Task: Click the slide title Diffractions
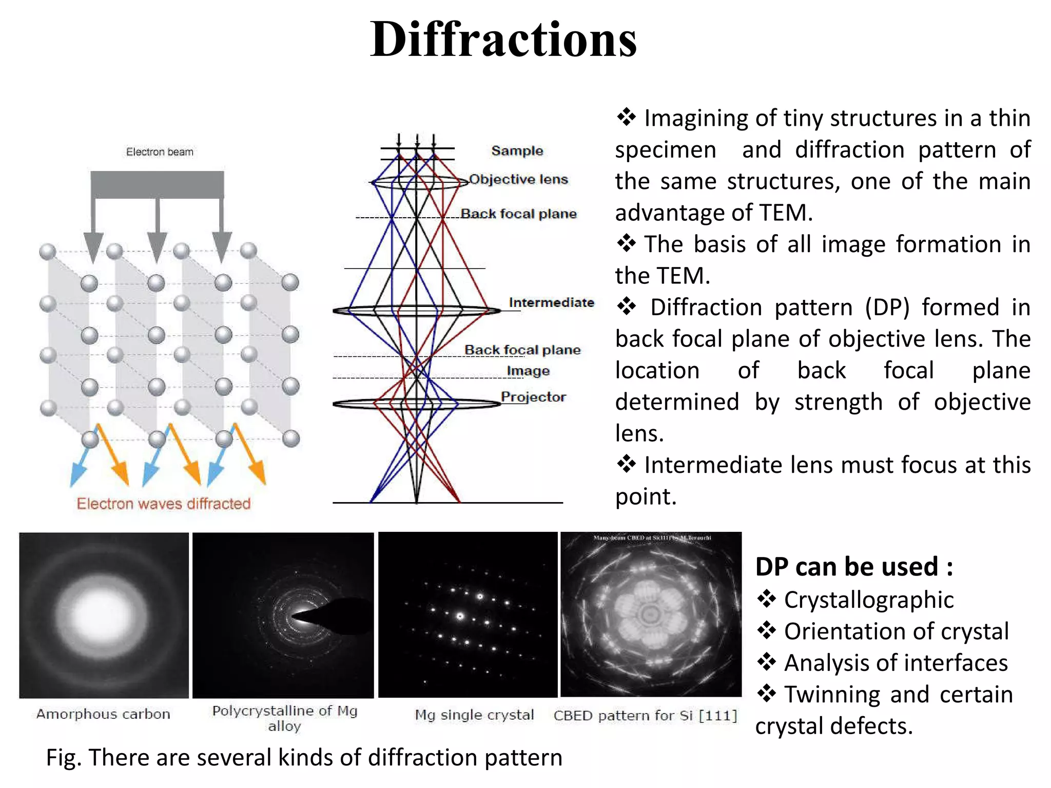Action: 503,40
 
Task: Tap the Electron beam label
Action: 160,152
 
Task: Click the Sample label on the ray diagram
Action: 517,151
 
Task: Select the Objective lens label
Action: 518,179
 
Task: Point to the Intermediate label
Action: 551,302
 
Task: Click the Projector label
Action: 533,397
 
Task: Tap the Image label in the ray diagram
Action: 528,371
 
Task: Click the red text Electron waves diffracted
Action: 164,504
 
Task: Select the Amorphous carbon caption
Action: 103,714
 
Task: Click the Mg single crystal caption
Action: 474,715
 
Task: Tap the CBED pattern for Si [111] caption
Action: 645,715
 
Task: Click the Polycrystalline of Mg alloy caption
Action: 285,718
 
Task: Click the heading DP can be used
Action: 854,567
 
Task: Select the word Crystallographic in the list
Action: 869,600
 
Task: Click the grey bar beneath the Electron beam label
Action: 157,184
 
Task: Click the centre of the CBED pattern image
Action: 651,614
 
